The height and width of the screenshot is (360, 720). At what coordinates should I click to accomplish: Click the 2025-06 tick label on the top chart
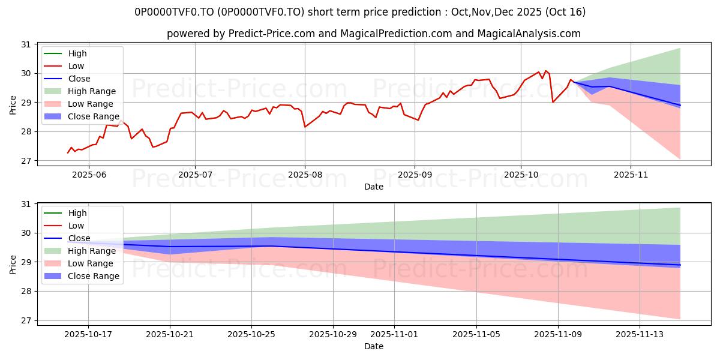click(x=89, y=174)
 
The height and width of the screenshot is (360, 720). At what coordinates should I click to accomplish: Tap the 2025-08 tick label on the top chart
click(x=305, y=174)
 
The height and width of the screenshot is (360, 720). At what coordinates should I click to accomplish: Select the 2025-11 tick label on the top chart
click(x=631, y=174)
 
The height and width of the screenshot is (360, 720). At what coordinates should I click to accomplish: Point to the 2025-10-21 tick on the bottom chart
click(x=170, y=334)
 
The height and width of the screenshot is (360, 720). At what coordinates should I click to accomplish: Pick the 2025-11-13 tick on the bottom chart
click(x=639, y=334)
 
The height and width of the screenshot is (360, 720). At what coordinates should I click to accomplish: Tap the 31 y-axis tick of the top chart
click(x=26, y=44)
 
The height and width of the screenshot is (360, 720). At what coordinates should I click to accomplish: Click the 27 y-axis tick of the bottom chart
click(x=26, y=320)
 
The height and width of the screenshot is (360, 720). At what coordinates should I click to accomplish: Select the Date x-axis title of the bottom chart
click(x=374, y=346)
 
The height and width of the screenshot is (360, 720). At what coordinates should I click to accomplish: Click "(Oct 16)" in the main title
click(x=566, y=12)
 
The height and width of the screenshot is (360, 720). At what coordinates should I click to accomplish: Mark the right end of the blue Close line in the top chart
click(x=680, y=105)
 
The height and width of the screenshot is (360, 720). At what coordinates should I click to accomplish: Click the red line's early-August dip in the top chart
click(x=305, y=127)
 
